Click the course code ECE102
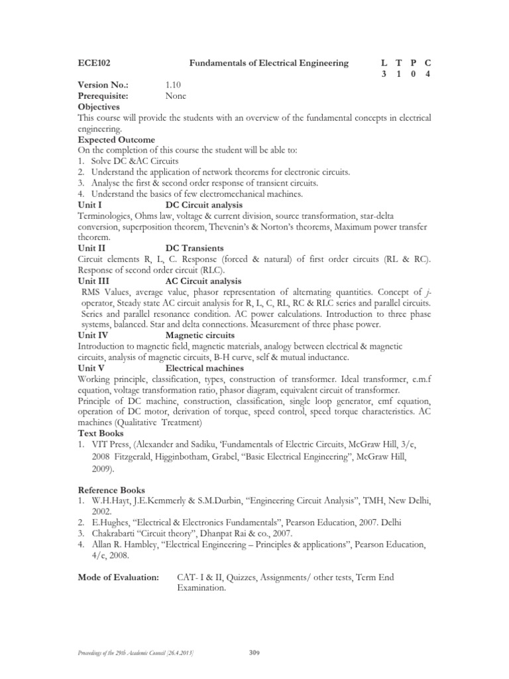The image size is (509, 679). [93, 63]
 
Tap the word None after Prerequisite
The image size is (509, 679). [176, 95]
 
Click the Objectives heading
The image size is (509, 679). [98, 106]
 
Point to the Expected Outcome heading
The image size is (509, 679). [116, 139]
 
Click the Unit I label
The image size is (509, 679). [90, 205]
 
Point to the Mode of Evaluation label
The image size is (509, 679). [118, 578]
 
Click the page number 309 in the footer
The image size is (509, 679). [253, 654]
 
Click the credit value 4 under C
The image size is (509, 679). [427, 74]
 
